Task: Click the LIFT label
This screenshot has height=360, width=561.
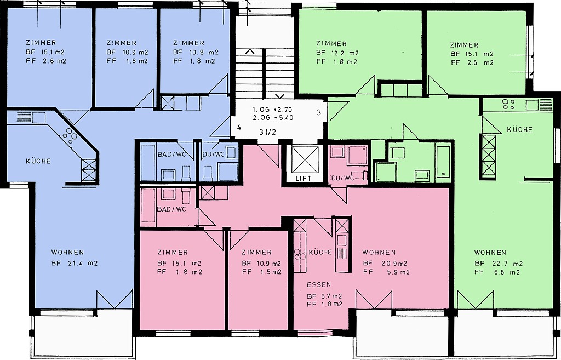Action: pos(303,178)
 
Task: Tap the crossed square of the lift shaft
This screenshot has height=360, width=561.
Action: pos(305,159)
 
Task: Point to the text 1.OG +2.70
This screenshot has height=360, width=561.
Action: pos(273,110)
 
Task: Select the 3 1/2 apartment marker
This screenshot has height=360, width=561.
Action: pos(267,133)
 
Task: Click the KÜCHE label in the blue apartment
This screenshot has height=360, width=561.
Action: pos(38,161)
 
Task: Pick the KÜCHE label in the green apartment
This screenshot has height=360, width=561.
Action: pos(519,129)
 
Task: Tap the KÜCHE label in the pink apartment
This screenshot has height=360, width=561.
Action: pos(320,252)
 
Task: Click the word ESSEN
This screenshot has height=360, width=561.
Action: pos(319,284)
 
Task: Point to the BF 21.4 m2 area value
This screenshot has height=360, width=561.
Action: pos(75,264)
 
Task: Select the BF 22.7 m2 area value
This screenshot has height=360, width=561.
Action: pos(499,264)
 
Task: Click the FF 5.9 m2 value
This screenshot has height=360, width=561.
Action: pos(386,272)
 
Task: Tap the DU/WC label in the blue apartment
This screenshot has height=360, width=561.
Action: pos(214,154)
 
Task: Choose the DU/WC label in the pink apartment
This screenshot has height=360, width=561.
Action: pos(342,178)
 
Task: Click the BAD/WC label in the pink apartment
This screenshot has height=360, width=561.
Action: pos(171,209)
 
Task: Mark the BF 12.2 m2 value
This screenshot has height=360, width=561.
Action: pos(337,53)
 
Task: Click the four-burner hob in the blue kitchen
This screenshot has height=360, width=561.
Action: pos(70,136)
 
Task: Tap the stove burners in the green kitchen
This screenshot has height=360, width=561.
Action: pos(508,104)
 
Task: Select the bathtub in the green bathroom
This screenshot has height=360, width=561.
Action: pos(443,161)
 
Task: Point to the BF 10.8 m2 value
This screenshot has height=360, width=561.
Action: pos(196,52)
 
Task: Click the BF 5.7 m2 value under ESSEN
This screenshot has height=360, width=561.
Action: pos(324,296)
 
